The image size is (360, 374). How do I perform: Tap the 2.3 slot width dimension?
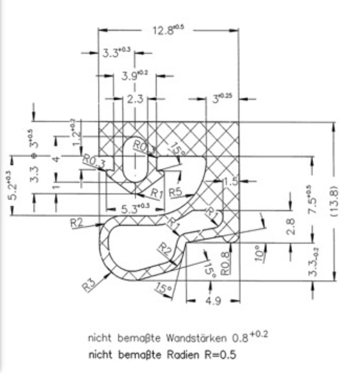point(135,99)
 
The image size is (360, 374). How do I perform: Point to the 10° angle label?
point(260,252)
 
